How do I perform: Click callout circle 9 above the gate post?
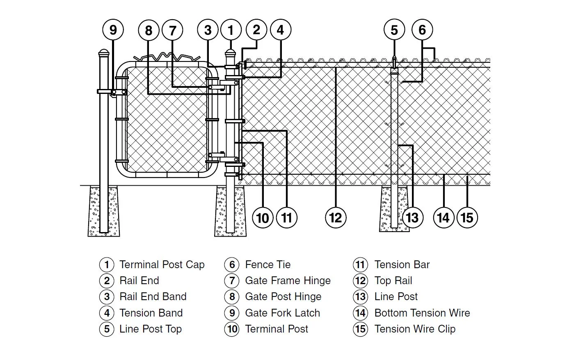(x=113, y=30)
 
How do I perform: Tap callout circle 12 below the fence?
(x=336, y=217)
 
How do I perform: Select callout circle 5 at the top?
(x=394, y=30)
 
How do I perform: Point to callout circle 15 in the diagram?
(x=467, y=217)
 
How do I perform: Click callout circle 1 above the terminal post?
(x=231, y=30)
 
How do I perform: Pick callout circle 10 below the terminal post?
(x=263, y=217)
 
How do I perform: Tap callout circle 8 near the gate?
(x=149, y=30)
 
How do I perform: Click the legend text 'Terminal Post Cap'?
(x=162, y=265)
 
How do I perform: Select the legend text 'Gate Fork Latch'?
(x=282, y=313)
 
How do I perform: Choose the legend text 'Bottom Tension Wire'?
(x=422, y=313)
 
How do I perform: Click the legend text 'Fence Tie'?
(x=268, y=265)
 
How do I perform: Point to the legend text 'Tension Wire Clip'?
(x=415, y=329)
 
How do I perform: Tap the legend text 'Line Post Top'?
(x=150, y=329)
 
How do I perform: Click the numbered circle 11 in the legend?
(x=360, y=265)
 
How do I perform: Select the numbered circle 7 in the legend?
(x=232, y=281)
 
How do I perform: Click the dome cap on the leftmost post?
(x=104, y=53)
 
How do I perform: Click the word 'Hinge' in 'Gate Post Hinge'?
(x=307, y=297)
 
